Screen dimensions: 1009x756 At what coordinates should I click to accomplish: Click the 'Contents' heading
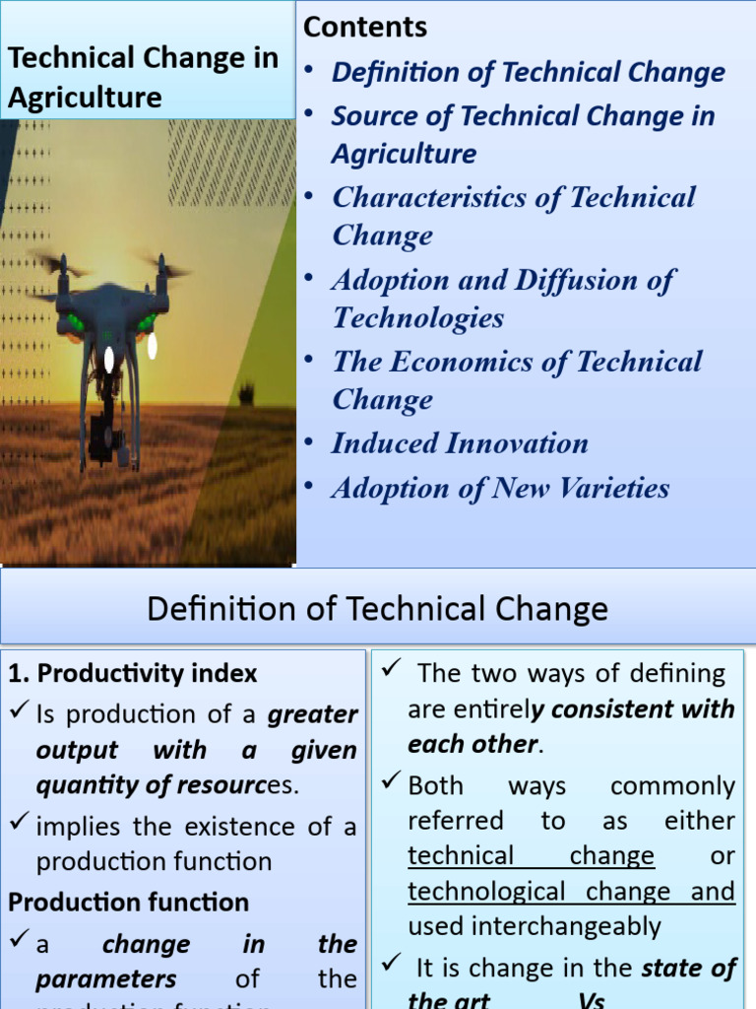click(x=365, y=28)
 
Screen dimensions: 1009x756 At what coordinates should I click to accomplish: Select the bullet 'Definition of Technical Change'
click(x=528, y=72)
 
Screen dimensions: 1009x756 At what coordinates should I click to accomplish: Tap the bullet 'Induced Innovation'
click(x=459, y=443)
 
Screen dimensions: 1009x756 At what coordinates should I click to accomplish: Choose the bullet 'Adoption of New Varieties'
click(x=500, y=488)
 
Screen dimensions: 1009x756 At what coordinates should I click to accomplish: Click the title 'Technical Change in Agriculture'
click(x=143, y=77)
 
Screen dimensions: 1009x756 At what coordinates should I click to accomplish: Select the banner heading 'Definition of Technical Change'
click(x=377, y=609)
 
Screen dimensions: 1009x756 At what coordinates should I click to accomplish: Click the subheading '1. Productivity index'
click(x=133, y=674)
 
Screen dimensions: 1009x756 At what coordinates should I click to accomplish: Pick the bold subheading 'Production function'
click(x=129, y=902)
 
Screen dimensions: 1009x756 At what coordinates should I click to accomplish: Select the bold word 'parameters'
click(x=106, y=979)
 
